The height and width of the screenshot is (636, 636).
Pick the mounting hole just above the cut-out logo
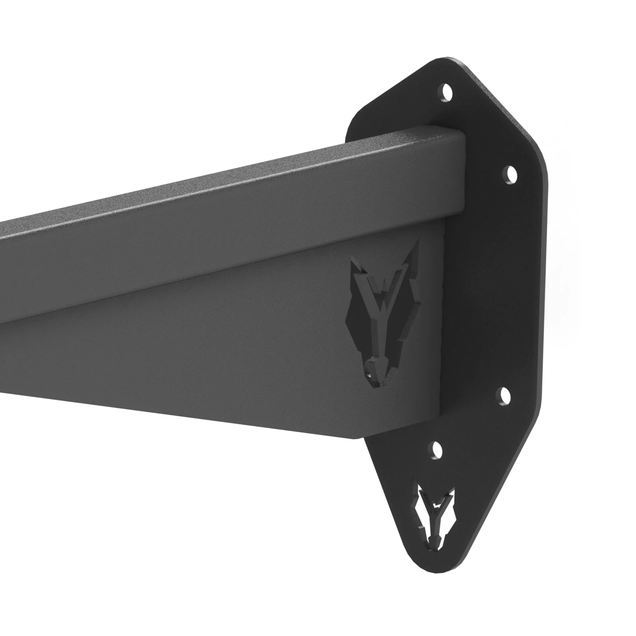click(435, 451)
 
